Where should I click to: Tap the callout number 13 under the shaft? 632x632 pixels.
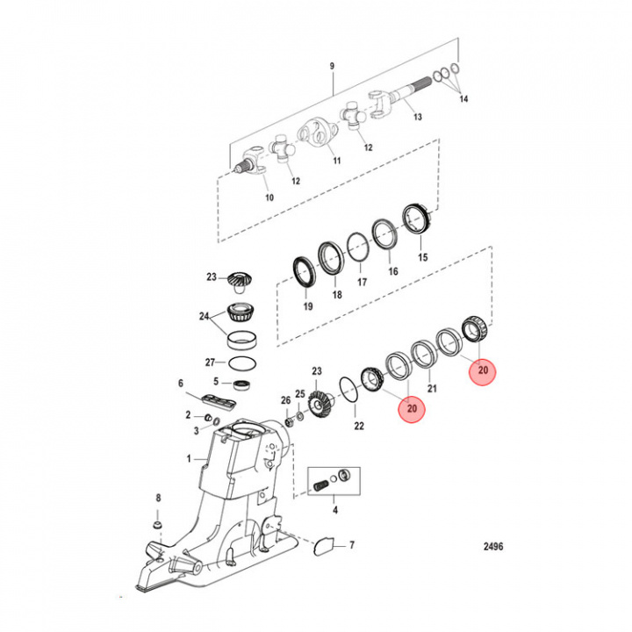417,117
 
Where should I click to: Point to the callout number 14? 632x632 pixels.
463,99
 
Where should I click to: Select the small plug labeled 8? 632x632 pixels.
157,525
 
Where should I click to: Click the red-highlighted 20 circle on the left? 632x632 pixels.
410,408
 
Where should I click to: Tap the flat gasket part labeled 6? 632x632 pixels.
219,400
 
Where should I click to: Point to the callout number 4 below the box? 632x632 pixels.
334,509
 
